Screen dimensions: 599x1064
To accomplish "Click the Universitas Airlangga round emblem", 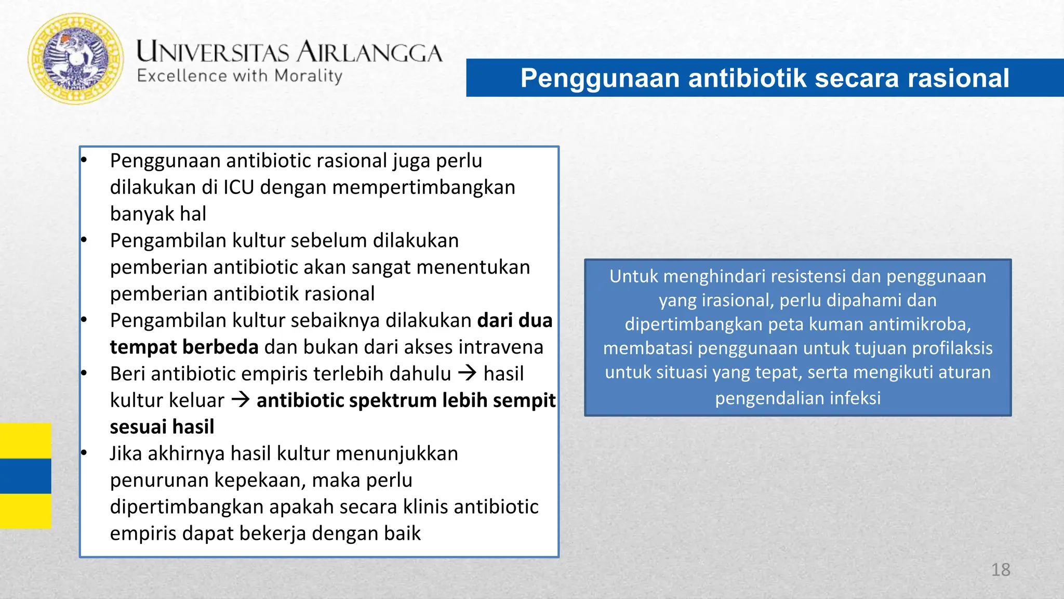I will pos(76,59).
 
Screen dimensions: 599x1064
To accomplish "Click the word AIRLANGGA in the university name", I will pos(370,53).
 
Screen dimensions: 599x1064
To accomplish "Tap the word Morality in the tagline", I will pos(308,76).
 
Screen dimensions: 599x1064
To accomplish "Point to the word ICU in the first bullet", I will pos(238,187).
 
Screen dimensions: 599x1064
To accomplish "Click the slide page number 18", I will pos(1000,569).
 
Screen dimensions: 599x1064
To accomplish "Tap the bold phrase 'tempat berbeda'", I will pos(184,347).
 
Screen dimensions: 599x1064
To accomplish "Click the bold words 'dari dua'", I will pos(514,320).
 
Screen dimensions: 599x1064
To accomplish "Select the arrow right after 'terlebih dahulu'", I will pos(468,373).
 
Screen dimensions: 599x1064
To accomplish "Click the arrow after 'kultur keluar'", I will pos(241,399).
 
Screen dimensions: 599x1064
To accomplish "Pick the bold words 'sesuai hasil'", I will pos(162,426).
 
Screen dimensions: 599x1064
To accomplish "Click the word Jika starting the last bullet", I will pos(126,453).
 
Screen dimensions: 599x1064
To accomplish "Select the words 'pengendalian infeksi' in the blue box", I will pos(797,398).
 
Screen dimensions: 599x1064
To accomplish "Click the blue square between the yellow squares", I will pos(25,476).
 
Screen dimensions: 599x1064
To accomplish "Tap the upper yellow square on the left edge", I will pos(25,440).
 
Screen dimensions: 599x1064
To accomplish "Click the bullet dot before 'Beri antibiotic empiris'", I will pos(84,373).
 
